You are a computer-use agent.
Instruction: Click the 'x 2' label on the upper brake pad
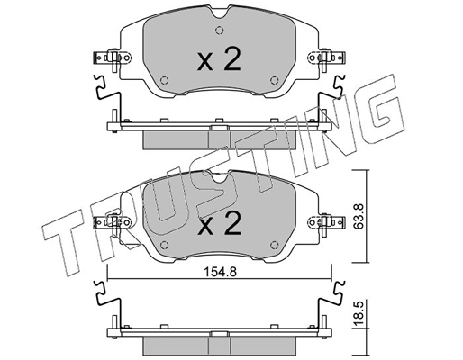pos(219,60)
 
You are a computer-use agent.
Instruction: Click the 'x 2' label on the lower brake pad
pos(219,222)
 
